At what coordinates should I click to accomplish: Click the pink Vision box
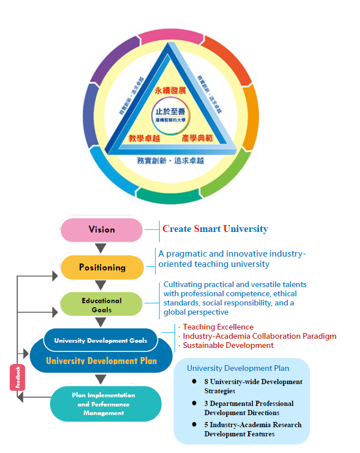point(102,230)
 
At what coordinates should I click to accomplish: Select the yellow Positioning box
point(102,268)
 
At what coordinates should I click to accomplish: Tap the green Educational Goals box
point(101,305)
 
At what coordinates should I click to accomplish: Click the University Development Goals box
point(100,340)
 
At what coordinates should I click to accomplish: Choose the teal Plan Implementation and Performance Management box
point(103,404)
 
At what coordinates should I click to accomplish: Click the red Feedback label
point(17,377)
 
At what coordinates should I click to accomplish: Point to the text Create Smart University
point(215,229)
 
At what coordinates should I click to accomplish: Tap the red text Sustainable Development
point(228,345)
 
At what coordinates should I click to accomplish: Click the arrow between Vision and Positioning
point(101,249)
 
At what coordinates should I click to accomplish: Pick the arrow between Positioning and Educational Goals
point(101,285)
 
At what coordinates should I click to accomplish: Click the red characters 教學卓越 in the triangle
point(143,138)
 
